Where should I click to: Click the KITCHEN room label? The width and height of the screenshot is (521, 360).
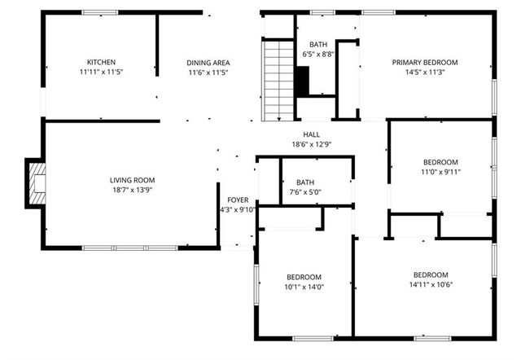click(102, 62)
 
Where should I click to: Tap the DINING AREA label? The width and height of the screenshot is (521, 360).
click(207, 62)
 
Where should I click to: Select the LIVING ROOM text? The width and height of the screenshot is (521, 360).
click(132, 180)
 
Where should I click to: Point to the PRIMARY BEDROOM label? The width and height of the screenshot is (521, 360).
click(424, 62)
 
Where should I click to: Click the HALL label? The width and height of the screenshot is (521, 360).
click(312, 134)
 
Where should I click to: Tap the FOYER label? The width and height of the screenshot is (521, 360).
click(238, 199)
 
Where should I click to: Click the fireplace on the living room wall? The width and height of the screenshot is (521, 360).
click(36, 182)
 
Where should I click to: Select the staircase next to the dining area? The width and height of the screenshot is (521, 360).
click(278, 81)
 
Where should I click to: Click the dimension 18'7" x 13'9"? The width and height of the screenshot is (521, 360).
click(132, 190)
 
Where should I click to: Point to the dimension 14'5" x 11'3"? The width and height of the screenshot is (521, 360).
click(424, 72)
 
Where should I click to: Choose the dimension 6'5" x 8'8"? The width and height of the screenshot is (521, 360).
click(317, 54)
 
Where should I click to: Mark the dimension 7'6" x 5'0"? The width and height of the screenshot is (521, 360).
click(305, 192)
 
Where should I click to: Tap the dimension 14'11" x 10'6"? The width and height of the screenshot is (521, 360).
click(430, 284)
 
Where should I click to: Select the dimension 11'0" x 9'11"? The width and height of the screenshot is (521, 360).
click(440, 171)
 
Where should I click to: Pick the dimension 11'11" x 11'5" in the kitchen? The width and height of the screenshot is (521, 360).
click(102, 72)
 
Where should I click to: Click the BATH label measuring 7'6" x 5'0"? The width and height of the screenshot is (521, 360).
click(305, 182)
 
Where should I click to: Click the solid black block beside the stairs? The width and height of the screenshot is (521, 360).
click(302, 81)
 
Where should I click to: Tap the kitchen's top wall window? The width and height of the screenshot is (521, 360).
click(99, 12)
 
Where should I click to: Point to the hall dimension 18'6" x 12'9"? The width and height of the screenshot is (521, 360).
click(312, 144)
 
